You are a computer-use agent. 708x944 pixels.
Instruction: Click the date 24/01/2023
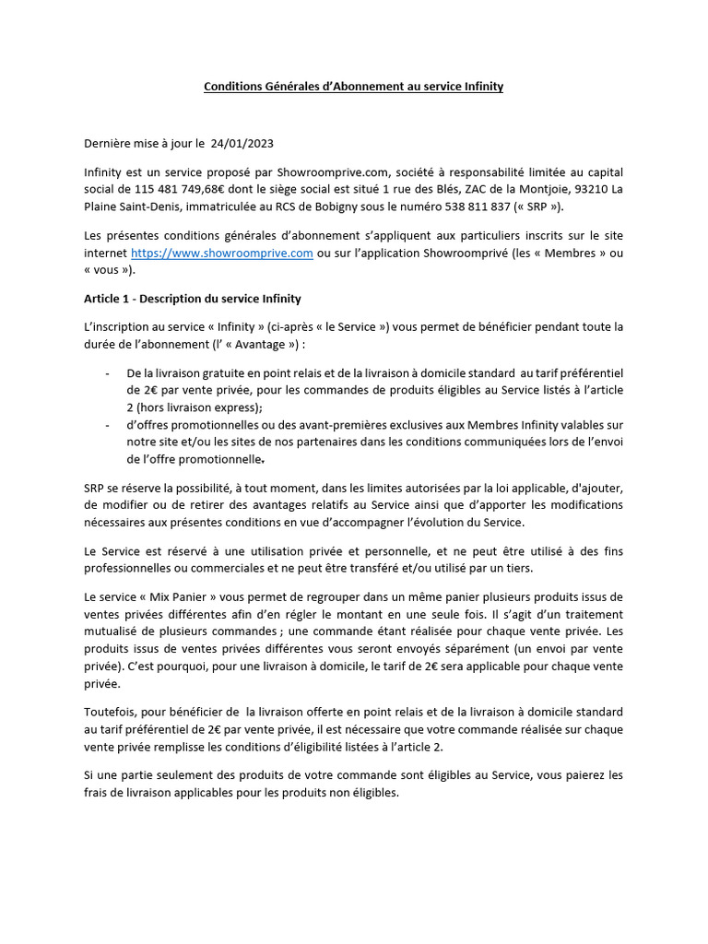[x=242, y=144]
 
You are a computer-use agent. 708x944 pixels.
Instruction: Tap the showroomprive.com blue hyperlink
[x=222, y=253]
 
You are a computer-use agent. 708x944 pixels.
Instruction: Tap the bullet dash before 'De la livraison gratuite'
[x=110, y=372]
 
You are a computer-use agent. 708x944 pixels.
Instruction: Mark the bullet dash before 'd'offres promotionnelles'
[x=110, y=424]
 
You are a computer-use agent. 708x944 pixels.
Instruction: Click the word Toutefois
[x=113, y=712]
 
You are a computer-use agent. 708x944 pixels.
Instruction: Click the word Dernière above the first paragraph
[x=111, y=144]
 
